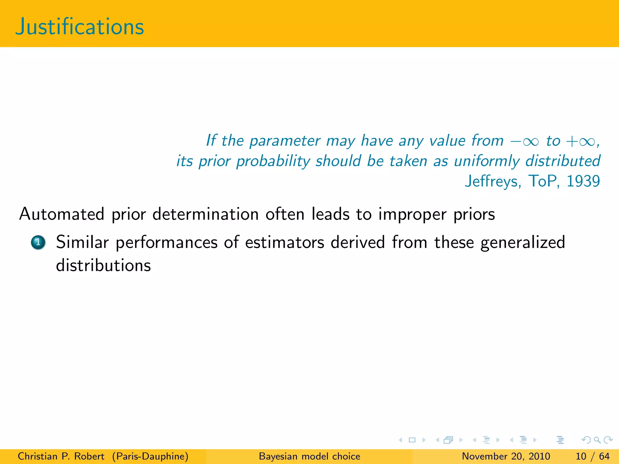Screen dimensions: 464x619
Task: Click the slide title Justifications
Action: [x=80, y=27]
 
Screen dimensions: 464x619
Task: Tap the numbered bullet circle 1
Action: [x=38, y=242]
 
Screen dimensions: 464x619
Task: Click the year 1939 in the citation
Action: [x=583, y=181]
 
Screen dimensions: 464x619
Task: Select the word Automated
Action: [x=62, y=214]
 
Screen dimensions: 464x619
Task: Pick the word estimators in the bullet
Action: [x=284, y=242]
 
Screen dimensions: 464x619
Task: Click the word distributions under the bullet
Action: [x=103, y=266]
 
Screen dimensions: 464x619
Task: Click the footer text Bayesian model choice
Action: [x=309, y=456]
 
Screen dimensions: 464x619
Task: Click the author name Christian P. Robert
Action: [x=61, y=456]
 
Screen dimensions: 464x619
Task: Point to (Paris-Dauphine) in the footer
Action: [x=150, y=456]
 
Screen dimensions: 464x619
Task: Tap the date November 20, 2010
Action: [x=506, y=456]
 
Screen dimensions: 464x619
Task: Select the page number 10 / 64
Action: [x=593, y=456]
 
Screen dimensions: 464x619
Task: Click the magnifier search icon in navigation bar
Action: [x=597, y=440]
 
